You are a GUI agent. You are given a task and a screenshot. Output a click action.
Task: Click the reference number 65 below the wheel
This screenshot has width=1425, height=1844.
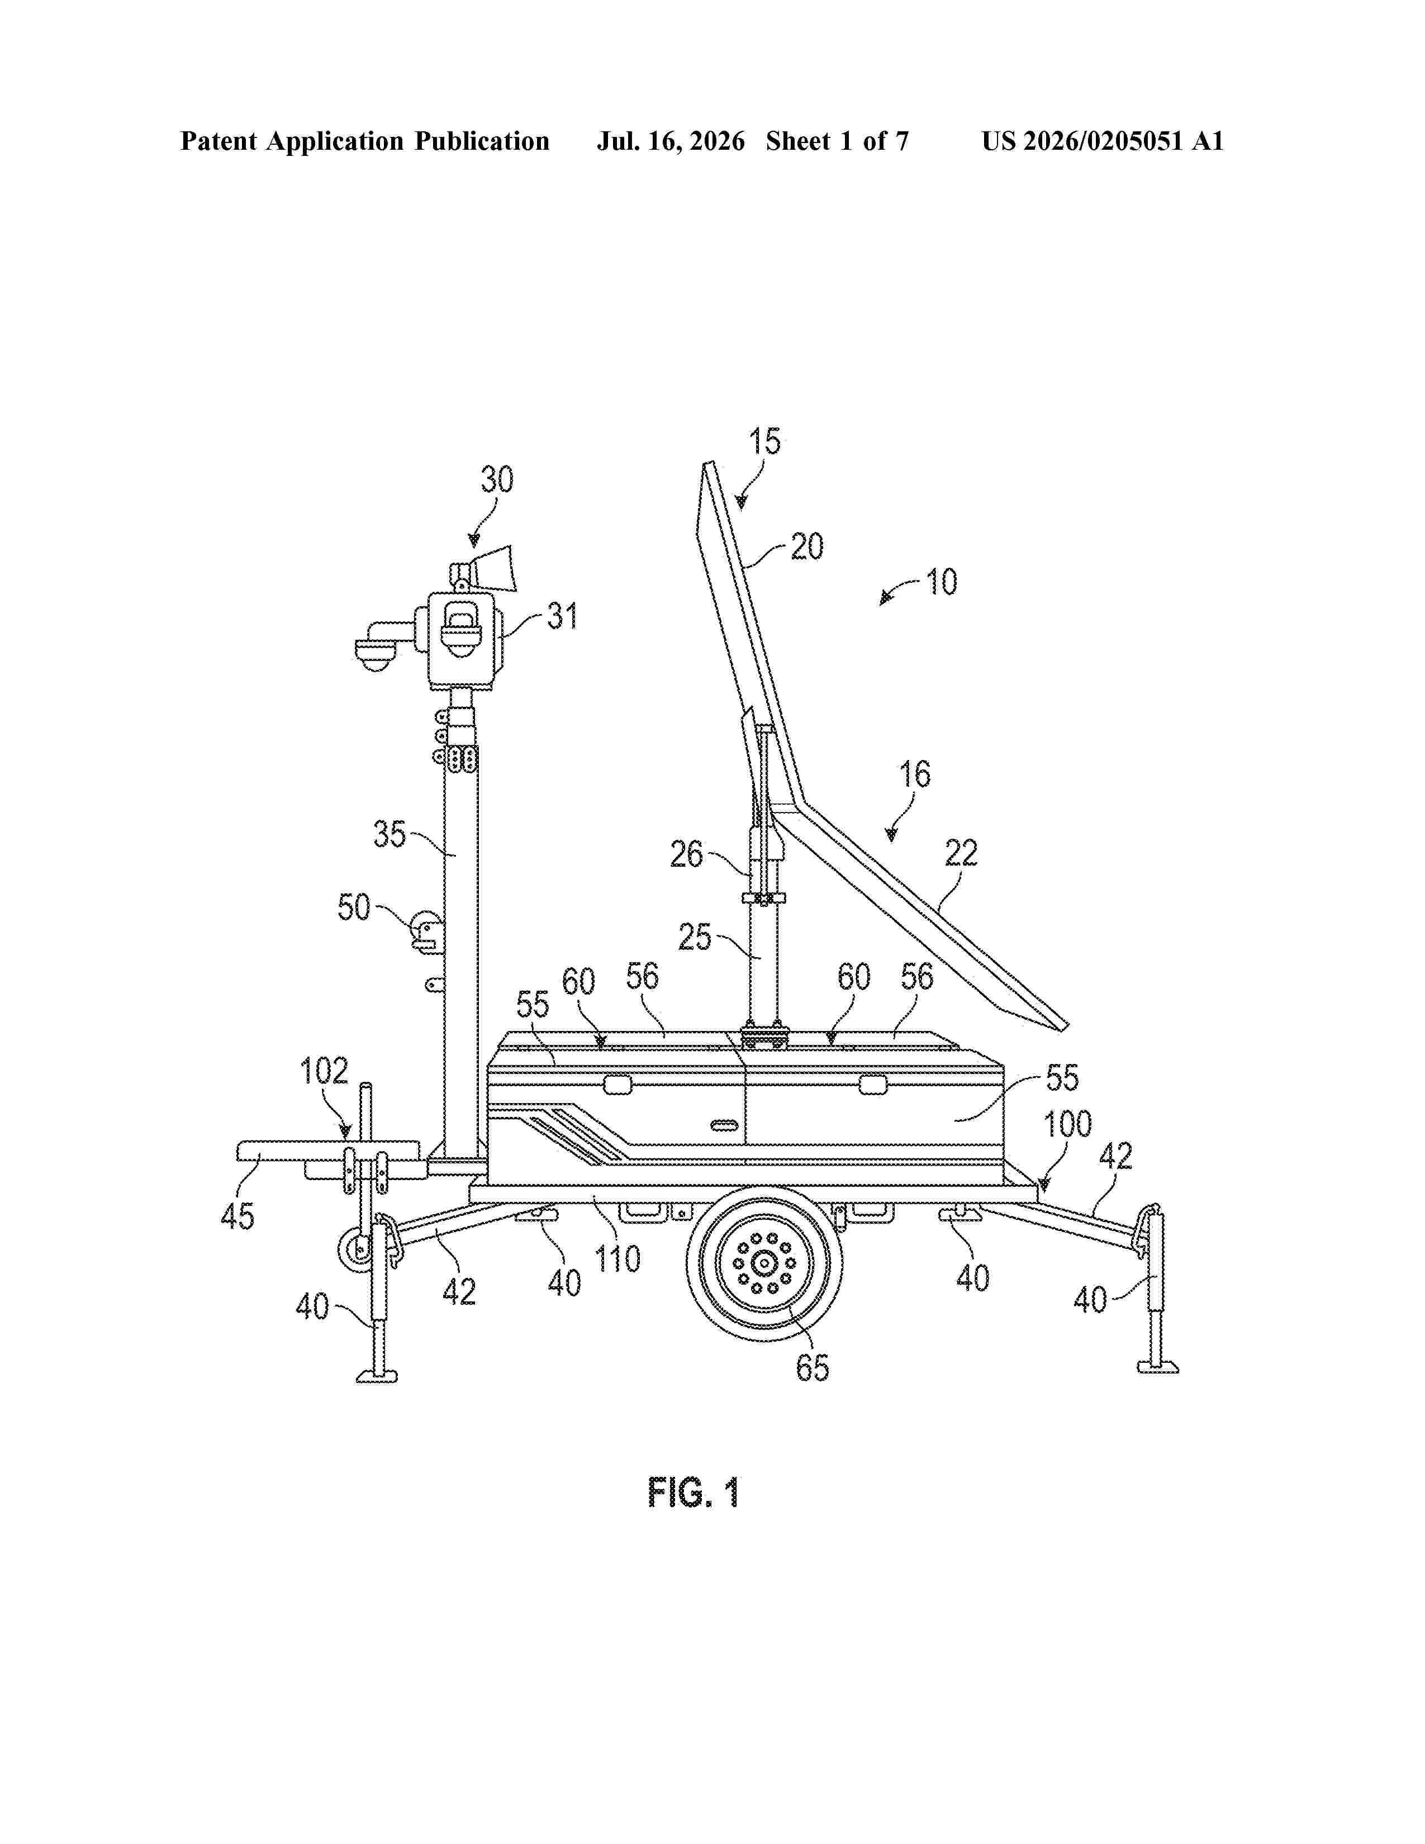point(812,1367)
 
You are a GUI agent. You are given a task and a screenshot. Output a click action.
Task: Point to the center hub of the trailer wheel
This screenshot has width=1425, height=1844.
point(764,1263)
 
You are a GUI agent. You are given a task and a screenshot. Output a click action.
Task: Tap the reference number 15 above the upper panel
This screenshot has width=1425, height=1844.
point(765,441)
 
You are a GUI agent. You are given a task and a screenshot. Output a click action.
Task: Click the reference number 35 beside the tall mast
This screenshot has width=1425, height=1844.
point(390,834)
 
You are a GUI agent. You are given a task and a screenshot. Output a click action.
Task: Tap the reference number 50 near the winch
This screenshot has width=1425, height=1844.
point(354,907)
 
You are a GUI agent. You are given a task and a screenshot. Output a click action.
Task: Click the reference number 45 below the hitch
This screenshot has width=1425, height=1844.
point(237,1216)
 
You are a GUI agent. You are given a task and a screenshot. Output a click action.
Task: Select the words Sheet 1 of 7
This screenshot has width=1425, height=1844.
point(838,141)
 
